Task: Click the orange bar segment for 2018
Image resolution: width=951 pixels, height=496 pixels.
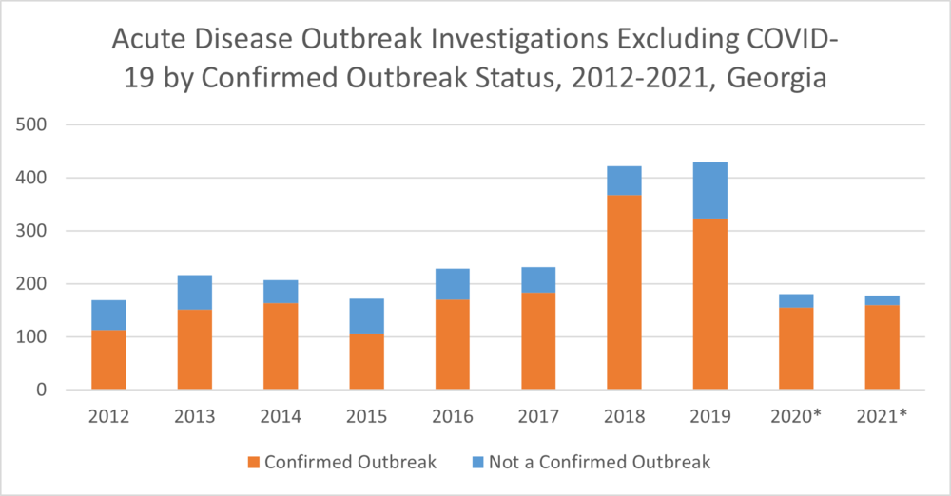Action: pyautogui.click(x=625, y=292)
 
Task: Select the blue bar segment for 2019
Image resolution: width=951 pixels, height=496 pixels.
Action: pyautogui.click(x=710, y=190)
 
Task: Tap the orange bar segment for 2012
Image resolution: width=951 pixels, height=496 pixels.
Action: pyautogui.click(x=108, y=359)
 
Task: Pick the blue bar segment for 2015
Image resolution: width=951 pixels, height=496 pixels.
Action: pyautogui.click(x=367, y=315)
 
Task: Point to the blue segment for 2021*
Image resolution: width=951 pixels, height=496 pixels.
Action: pyautogui.click(x=882, y=300)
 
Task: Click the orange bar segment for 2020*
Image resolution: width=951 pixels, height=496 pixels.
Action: pyautogui.click(x=796, y=348)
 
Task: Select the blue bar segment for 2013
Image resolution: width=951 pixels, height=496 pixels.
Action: pyautogui.click(x=195, y=292)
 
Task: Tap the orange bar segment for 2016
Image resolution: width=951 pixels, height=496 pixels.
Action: pyautogui.click(x=453, y=344)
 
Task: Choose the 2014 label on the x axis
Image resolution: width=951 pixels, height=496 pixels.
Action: pyautogui.click(x=281, y=416)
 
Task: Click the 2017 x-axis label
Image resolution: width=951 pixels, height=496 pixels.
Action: pyautogui.click(x=538, y=416)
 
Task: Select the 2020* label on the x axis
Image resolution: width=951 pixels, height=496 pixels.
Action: pyautogui.click(x=796, y=416)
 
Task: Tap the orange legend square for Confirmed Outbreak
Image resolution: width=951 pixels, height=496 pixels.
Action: pyautogui.click(x=253, y=463)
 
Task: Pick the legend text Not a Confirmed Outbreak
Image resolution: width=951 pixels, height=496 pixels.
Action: pyautogui.click(x=599, y=463)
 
